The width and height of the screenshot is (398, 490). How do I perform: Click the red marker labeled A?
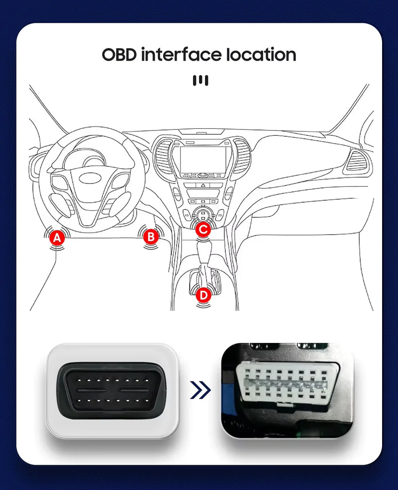coord(57,238)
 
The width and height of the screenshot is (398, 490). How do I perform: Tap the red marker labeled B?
coord(150,237)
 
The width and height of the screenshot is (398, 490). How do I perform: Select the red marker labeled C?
coord(202,230)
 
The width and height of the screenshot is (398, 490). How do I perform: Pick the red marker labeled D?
coord(202,295)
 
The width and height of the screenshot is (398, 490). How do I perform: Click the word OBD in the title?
coord(119,55)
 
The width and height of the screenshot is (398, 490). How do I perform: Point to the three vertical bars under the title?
coord(200,81)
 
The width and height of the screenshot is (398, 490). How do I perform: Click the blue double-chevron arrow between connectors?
coord(200,390)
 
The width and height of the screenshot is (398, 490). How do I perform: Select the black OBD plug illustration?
coord(112,390)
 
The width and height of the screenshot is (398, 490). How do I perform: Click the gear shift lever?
coord(204,258)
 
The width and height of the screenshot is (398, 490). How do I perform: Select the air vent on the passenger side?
coord(357,161)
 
